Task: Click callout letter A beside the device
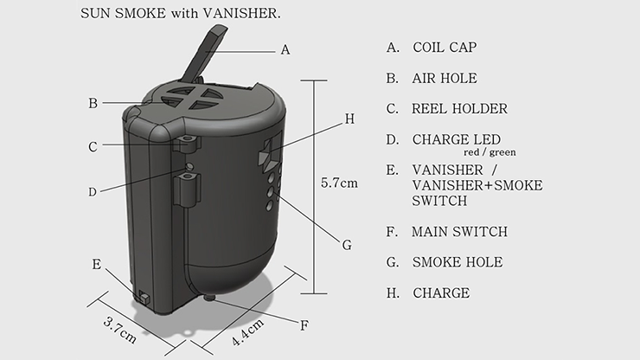pyautogui.click(x=285, y=50)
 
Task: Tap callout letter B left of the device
pyautogui.click(x=93, y=103)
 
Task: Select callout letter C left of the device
pyautogui.click(x=93, y=147)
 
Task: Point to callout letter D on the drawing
pyautogui.click(x=93, y=192)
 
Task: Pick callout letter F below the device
pyautogui.click(x=304, y=326)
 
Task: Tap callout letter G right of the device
pyautogui.click(x=347, y=245)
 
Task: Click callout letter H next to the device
pyautogui.click(x=349, y=119)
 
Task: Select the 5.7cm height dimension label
pyautogui.click(x=339, y=183)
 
